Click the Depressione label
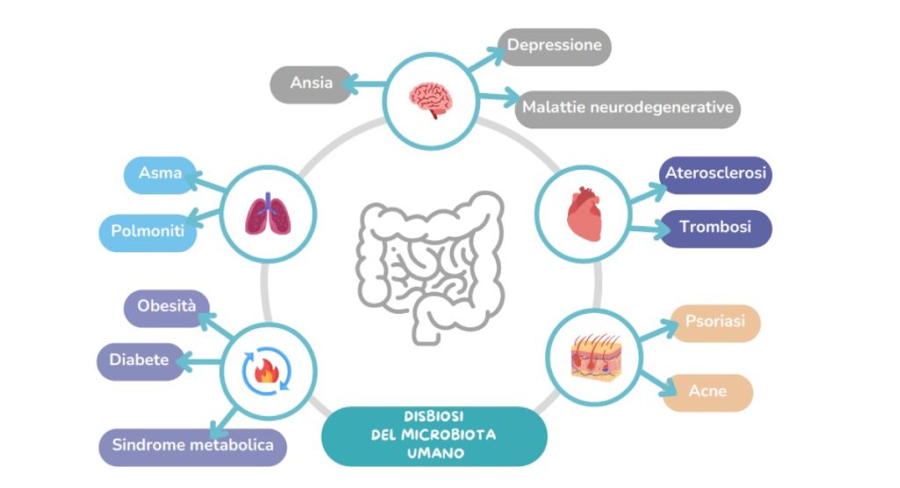(x=555, y=47)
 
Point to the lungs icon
(x=268, y=215)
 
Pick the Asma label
(x=160, y=174)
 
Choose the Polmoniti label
(x=148, y=232)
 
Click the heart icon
(x=584, y=214)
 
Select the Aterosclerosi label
(x=715, y=174)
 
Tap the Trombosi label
(x=715, y=229)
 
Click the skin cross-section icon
(x=596, y=357)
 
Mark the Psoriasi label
(x=715, y=323)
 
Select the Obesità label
(x=166, y=308)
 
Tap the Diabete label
(x=140, y=361)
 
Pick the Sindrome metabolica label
(x=192, y=447)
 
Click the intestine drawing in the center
(x=431, y=267)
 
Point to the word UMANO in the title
(x=435, y=454)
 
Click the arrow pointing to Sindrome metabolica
(x=223, y=423)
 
